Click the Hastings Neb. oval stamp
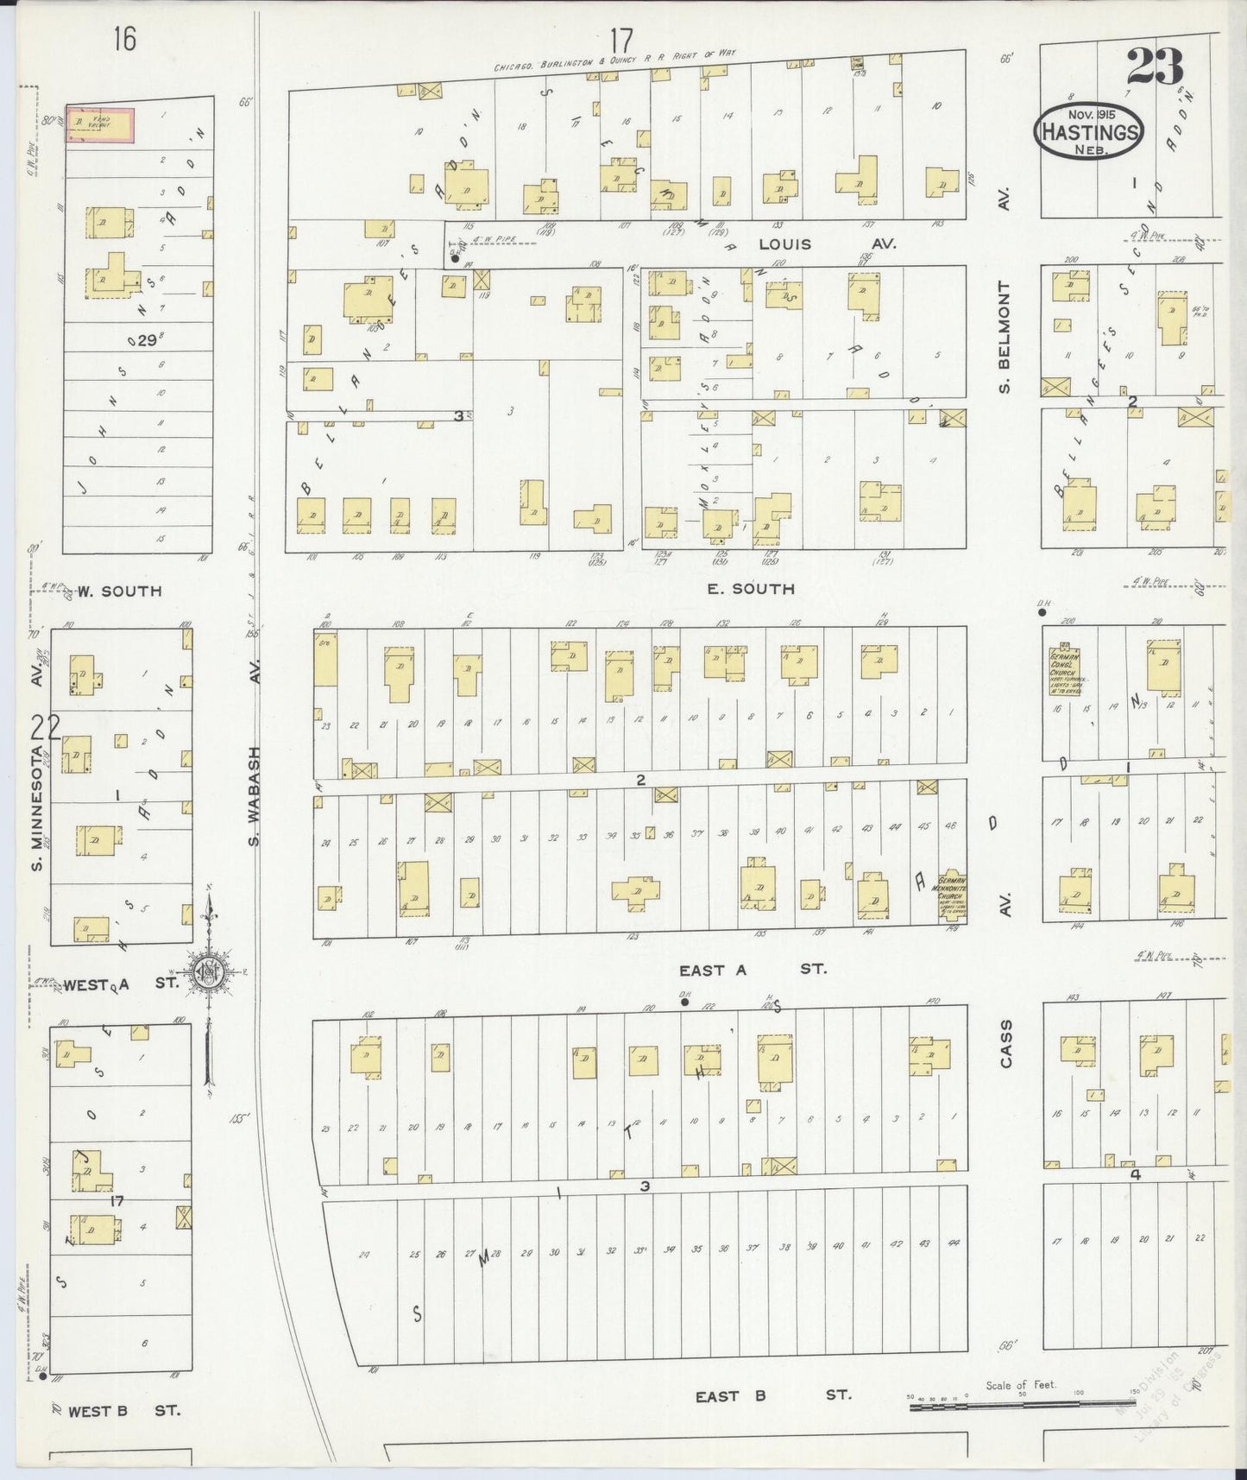pyautogui.click(x=1089, y=131)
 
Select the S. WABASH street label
pyautogui.click(x=255, y=796)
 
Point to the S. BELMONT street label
pyautogui.click(x=1005, y=336)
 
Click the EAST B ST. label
pyautogui.click(x=773, y=1395)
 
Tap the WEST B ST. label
pyautogui.click(x=123, y=1411)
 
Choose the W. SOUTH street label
pyautogui.click(x=118, y=591)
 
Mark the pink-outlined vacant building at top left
pyautogui.click(x=101, y=125)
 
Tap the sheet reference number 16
pyautogui.click(x=123, y=40)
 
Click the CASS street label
pyautogui.click(x=1005, y=1044)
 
